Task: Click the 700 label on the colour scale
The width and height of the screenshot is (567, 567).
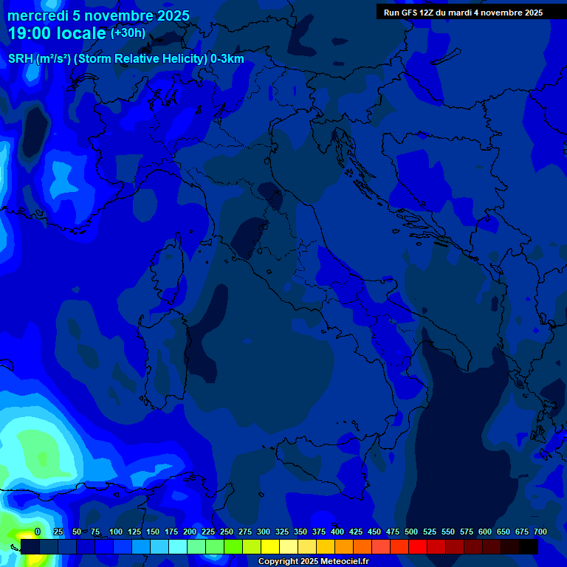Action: coord(540,532)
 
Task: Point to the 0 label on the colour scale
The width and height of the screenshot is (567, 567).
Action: coord(38,532)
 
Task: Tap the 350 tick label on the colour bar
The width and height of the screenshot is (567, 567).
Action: coord(300,532)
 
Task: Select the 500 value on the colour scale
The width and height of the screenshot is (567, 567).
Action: coord(411,532)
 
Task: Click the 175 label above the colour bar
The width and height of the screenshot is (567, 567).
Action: coord(171,532)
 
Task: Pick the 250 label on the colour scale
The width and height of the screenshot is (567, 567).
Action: coord(227,532)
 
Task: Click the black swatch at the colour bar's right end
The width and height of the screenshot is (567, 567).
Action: coord(529,546)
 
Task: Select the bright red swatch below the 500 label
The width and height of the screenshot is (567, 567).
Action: coord(418,546)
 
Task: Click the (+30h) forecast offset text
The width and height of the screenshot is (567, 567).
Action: coord(128,33)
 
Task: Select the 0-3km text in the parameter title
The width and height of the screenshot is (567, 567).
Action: coord(227,59)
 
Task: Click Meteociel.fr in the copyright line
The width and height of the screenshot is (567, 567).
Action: coord(343,562)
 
